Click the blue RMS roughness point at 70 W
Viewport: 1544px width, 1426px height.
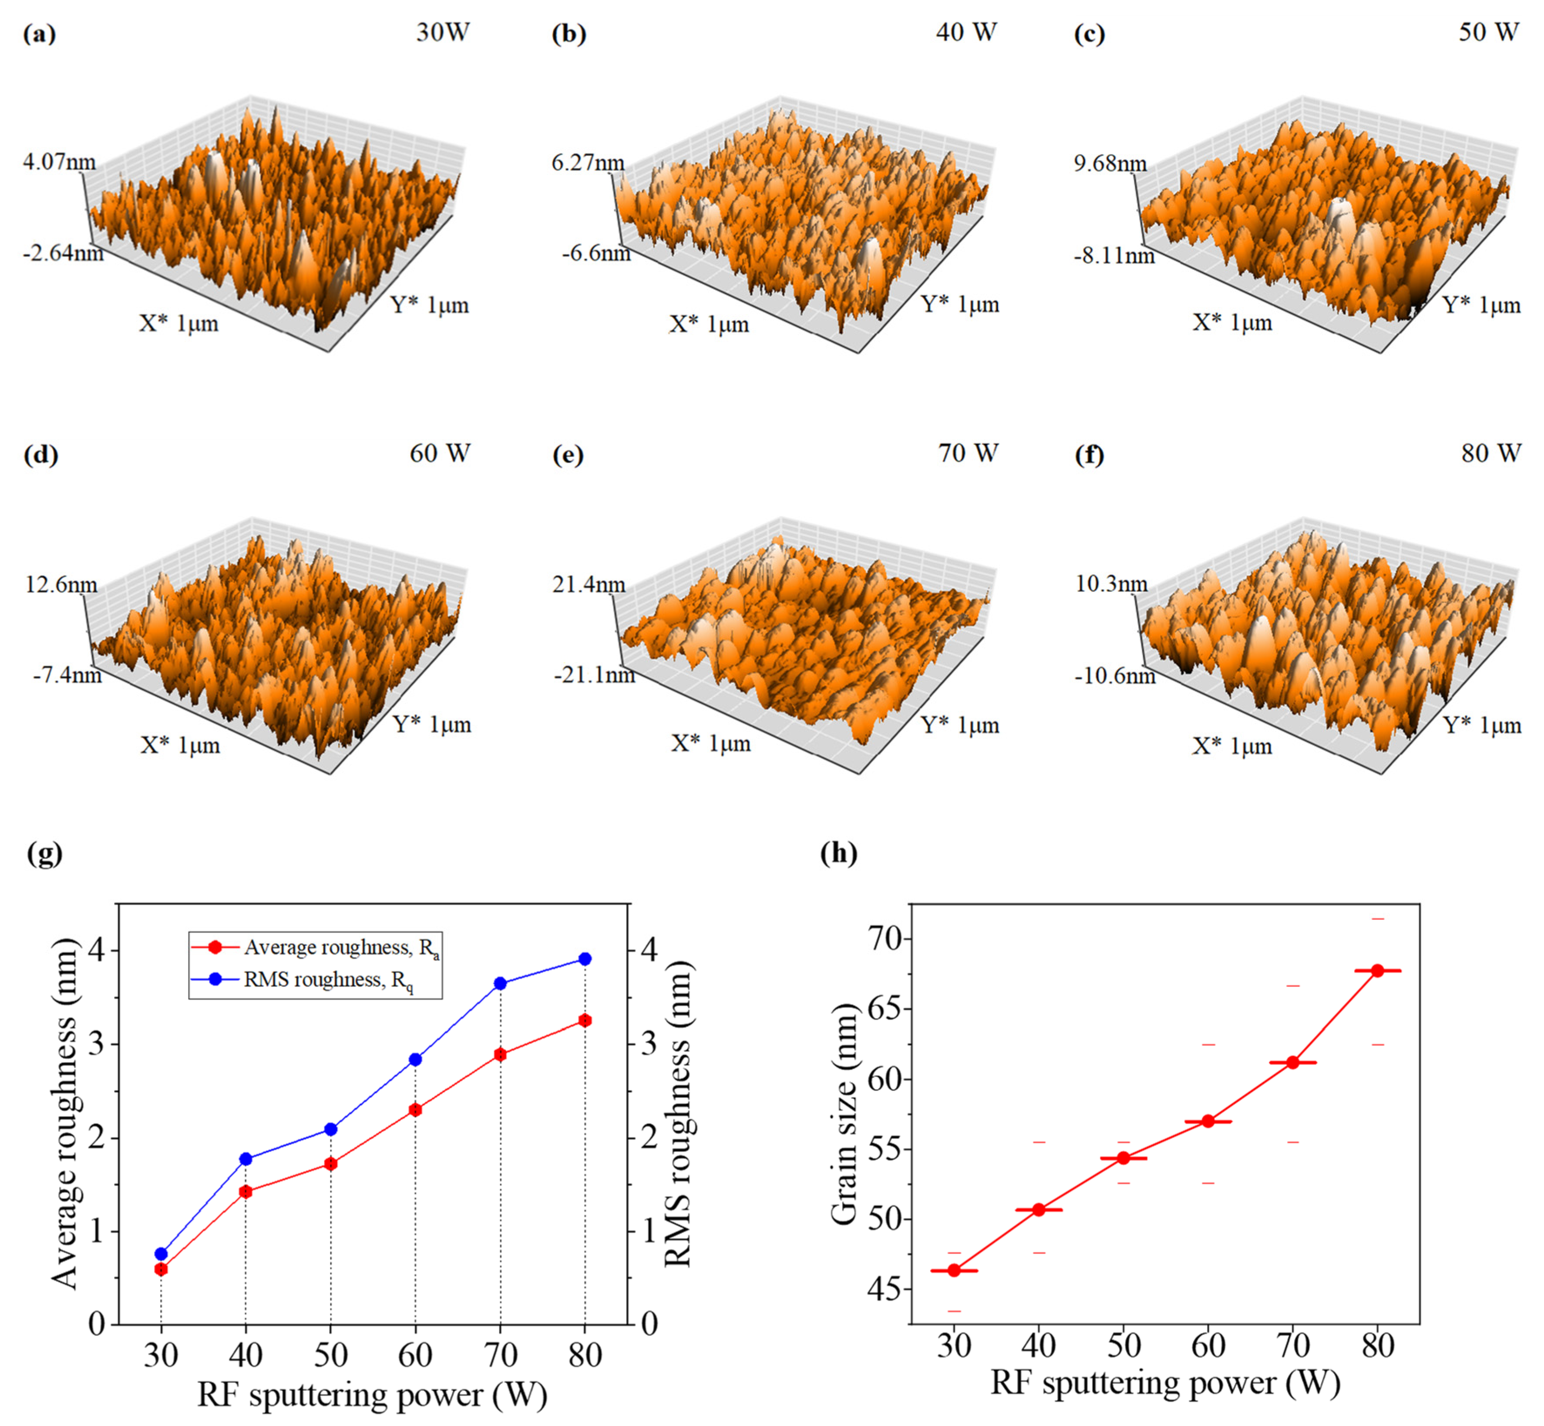click(x=500, y=983)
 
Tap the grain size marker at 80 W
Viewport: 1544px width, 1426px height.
click(x=1377, y=971)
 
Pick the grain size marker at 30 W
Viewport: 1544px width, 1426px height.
click(x=954, y=1270)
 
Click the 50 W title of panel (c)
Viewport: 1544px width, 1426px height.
click(x=1488, y=32)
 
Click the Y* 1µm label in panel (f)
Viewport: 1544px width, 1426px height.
click(x=1482, y=725)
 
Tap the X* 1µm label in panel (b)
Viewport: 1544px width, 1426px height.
click(x=709, y=324)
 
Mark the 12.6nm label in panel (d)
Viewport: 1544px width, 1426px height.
click(x=62, y=584)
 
